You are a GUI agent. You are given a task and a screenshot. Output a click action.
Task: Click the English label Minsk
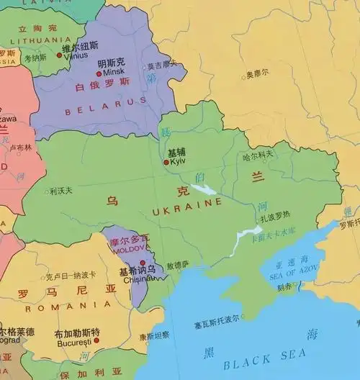(113, 72)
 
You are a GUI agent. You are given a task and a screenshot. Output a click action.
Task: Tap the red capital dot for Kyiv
(166, 162)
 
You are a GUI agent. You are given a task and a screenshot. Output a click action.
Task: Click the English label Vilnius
(76, 55)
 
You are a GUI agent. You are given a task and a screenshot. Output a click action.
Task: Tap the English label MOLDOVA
(129, 248)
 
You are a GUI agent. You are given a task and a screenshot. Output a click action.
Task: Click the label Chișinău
(135, 280)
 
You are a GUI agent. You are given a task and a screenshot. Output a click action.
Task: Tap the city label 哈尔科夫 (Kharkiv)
(258, 154)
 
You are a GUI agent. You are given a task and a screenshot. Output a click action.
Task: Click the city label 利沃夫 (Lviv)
(61, 191)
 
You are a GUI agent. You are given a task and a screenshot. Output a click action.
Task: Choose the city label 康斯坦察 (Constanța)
(155, 335)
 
